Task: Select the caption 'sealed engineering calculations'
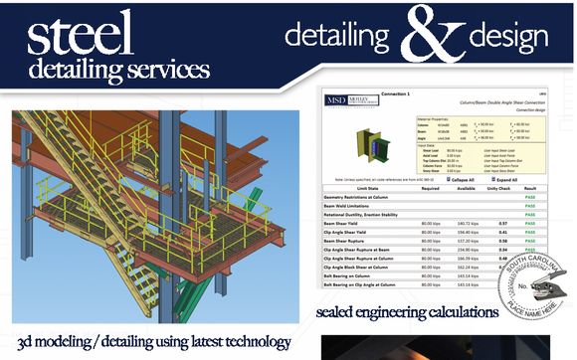tap(407, 312)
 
